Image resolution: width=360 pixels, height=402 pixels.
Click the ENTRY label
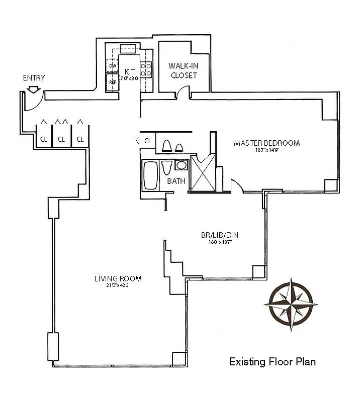[34, 78]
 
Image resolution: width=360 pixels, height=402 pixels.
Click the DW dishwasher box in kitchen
[112, 66]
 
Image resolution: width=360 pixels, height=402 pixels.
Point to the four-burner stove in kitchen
[146, 69]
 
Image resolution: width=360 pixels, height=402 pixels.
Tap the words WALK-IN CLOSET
[183, 70]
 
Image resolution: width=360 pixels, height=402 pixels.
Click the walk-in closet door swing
[184, 92]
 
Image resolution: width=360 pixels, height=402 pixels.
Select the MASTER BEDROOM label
[266, 143]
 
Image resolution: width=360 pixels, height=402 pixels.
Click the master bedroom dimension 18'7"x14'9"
[266, 150]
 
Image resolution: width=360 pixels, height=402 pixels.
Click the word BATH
[176, 181]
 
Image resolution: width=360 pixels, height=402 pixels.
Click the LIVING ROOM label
[118, 278]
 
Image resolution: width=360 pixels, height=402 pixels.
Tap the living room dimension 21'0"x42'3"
[118, 285]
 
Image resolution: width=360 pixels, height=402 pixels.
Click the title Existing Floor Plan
[272, 362]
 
